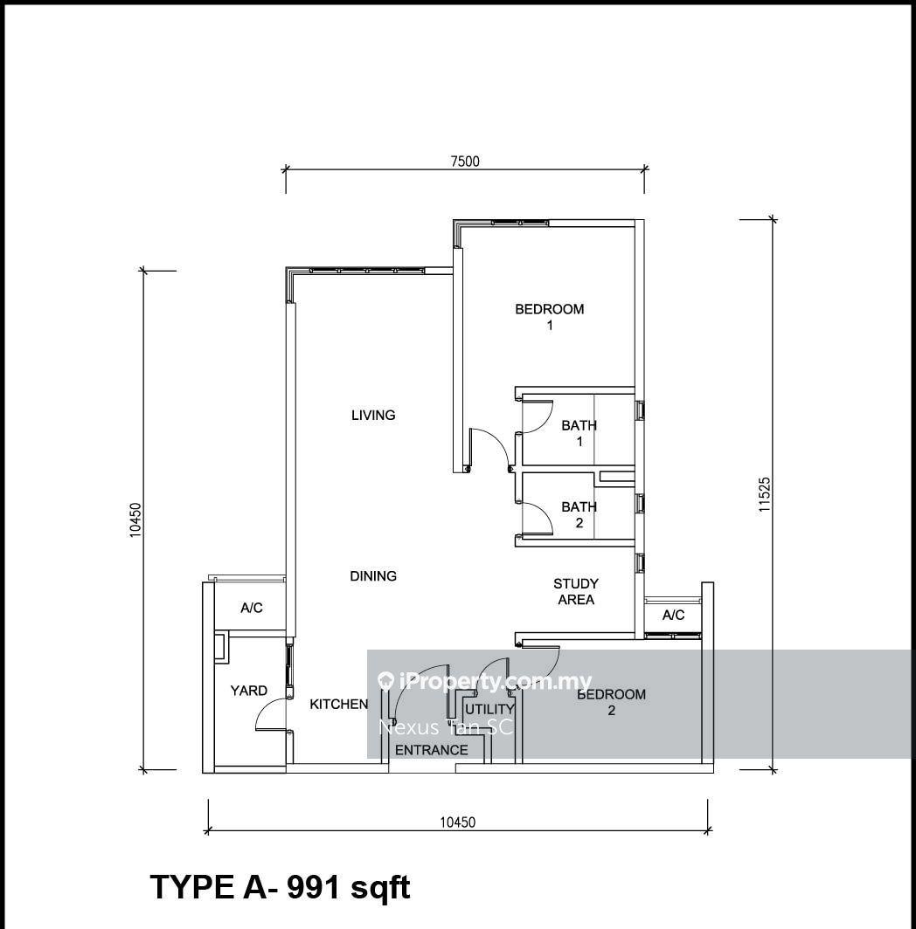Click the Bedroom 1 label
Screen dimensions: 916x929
[550, 316]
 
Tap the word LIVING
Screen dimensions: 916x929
[373, 416]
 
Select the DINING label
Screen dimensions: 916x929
[373, 576]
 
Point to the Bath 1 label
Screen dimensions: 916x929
[579, 433]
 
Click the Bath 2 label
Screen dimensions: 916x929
[579, 515]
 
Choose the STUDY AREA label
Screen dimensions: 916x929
[576, 591]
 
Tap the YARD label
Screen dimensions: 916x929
[248, 691]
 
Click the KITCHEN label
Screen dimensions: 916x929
[339, 704]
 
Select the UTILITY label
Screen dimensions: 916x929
[489, 709]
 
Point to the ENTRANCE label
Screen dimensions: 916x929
[431, 750]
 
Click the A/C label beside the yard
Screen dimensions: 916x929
[252, 608]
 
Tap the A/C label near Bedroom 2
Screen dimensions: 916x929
[673, 615]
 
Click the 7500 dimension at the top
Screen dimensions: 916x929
[465, 162]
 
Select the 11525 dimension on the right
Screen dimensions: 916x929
[764, 495]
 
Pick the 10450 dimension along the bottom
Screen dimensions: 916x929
[457, 822]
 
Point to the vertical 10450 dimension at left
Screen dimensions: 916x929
[135, 520]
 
